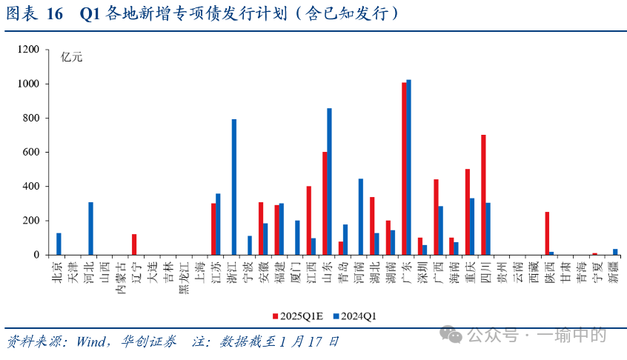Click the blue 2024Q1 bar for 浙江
(234, 187)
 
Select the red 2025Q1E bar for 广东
(404, 168)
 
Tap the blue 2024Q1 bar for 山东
(329, 181)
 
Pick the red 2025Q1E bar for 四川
(483, 195)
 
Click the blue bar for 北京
(59, 244)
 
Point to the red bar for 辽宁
(134, 244)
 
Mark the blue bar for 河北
(90, 228)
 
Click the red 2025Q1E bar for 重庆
(468, 212)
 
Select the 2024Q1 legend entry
(358, 316)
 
